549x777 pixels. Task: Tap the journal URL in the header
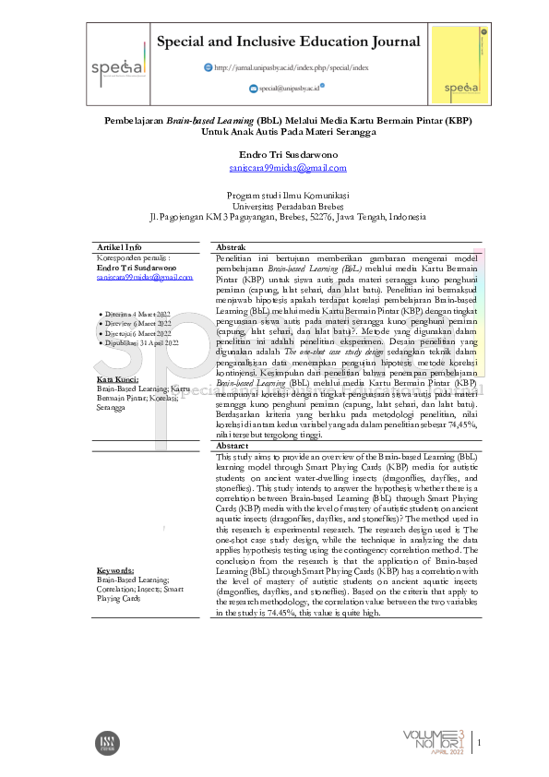pyautogui.click(x=291, y=68)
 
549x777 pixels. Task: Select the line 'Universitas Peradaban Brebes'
pyautogui.click(x=274, y=206)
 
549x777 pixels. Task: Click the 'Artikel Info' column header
pyautogui.click(x=120, y=247)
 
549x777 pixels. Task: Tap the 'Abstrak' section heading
pyautogui.click(x=230, y=247)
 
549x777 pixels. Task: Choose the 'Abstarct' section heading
pyautogui.click(x=233, y=446)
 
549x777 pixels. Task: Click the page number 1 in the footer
pyautogui.click(x=480, y=742)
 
